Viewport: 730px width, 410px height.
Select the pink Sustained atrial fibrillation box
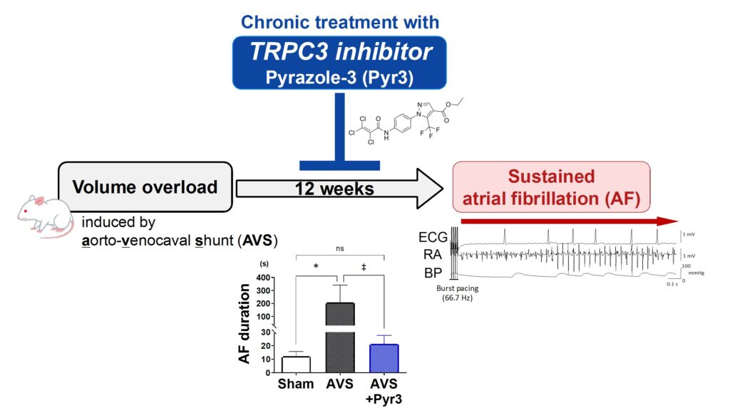551,186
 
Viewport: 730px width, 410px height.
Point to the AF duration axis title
245,323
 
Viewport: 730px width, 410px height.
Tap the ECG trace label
435,238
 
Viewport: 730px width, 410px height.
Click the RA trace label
431,255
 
